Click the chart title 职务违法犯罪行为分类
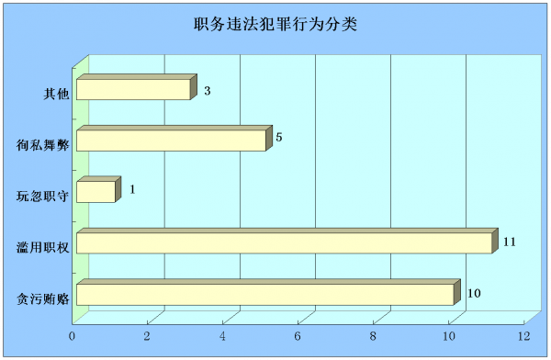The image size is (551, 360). coord(275,25)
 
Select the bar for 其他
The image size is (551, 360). coord(134,90)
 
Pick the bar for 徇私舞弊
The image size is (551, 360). coord(172,141)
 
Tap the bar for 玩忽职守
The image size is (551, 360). coord(96,191)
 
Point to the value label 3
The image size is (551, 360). coord(208,91)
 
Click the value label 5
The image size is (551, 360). coord(278,138)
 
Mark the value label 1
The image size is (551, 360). coord(132,189)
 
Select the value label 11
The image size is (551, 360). coord(509,242)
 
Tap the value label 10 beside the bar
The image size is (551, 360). coord(474,293)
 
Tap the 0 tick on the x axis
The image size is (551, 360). coord(73,337)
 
